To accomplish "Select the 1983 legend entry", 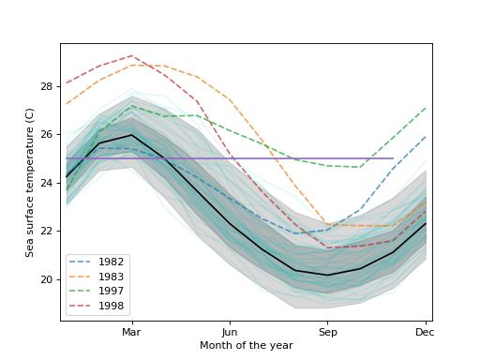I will tap(97, 277).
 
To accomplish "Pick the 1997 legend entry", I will tap(97, 292).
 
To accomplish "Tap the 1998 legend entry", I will tap(97, 306).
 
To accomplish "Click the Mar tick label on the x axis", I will tap(131, 332).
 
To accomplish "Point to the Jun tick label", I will tap(230, 332).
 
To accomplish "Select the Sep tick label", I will tap(327, 332).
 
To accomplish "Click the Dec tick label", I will tap(425, 332).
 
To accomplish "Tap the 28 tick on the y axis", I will tap(47, 86).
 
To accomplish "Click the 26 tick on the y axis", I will tap(47, 135).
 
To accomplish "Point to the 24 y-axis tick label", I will tap(47, 183).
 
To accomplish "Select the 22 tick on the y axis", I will tap(47, 232).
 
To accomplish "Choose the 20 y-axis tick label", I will tap(47, 279).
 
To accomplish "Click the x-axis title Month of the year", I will tap(246, 346).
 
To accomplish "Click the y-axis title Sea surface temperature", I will tap(30, 182).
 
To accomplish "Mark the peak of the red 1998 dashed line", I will tap(131, 55).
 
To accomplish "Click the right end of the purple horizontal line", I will tap(393, 158).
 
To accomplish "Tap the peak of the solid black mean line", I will tap(131, 135).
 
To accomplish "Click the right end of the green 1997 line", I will tap(426, 108).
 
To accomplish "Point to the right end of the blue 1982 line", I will tap(426, 137).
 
